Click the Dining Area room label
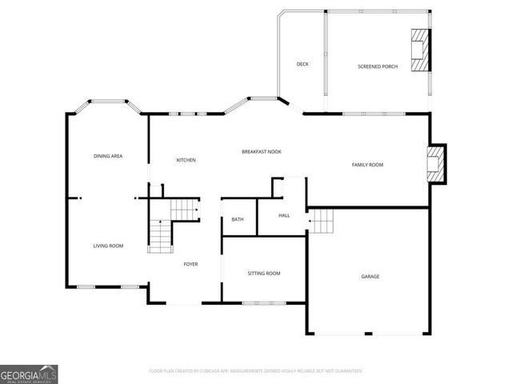click(108, 156)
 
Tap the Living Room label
click(108, 246)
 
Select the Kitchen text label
click(186, 160)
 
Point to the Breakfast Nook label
click(262, 151)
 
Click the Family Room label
click(367, 165)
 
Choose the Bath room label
click(238, 219)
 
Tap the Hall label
click(284, 216)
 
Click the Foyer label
click(190, 264)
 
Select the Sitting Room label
click(263, 274)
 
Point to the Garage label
click(370, 277)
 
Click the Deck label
click(302, 64)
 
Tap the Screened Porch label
click(377, 66)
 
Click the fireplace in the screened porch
click(420, 51)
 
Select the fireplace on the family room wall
click(436, 164)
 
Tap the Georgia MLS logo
click(29, 374)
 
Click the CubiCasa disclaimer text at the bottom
click(256, 371)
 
